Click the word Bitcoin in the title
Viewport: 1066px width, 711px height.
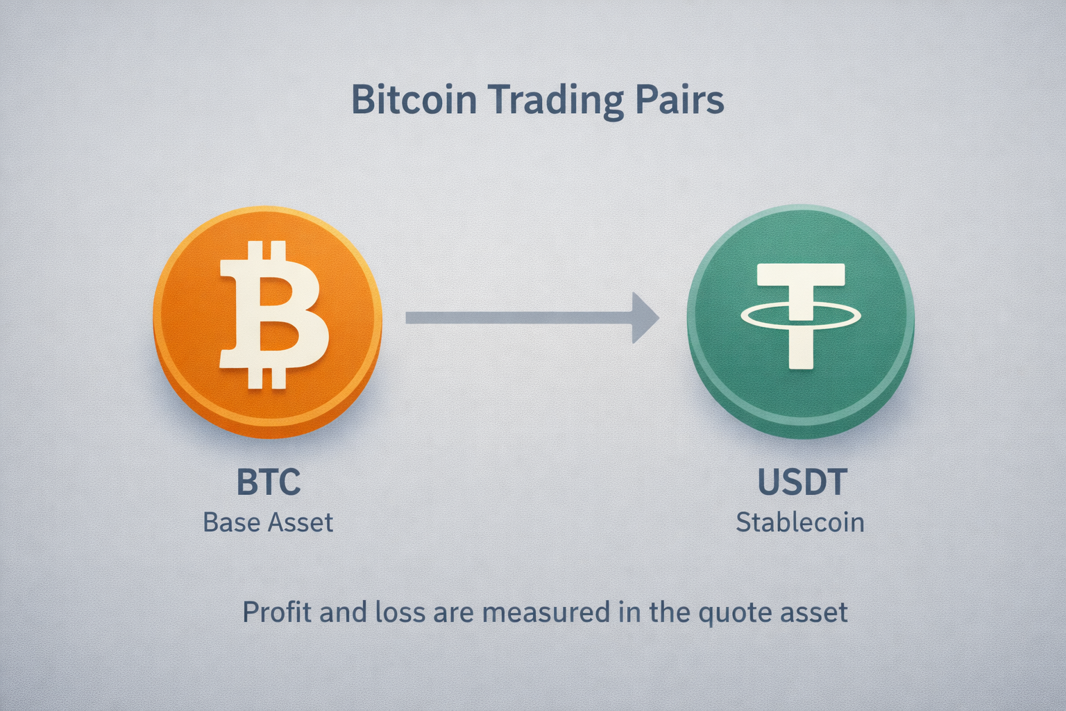(414, 99)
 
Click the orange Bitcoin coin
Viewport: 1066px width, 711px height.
(267, 322)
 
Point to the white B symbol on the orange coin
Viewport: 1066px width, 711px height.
(273, 315)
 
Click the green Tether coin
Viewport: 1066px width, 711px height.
(801, 322)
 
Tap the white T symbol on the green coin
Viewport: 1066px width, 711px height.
(801, 316)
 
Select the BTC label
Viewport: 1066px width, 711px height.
(269, 481)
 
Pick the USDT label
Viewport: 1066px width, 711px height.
(802, 481)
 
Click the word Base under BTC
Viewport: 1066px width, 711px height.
(232, 522)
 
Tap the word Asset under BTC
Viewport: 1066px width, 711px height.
(301, 522)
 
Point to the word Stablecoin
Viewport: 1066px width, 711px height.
(800, 522)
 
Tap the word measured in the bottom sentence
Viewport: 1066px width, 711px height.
(546, 612)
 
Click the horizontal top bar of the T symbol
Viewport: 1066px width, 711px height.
(801, 275)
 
